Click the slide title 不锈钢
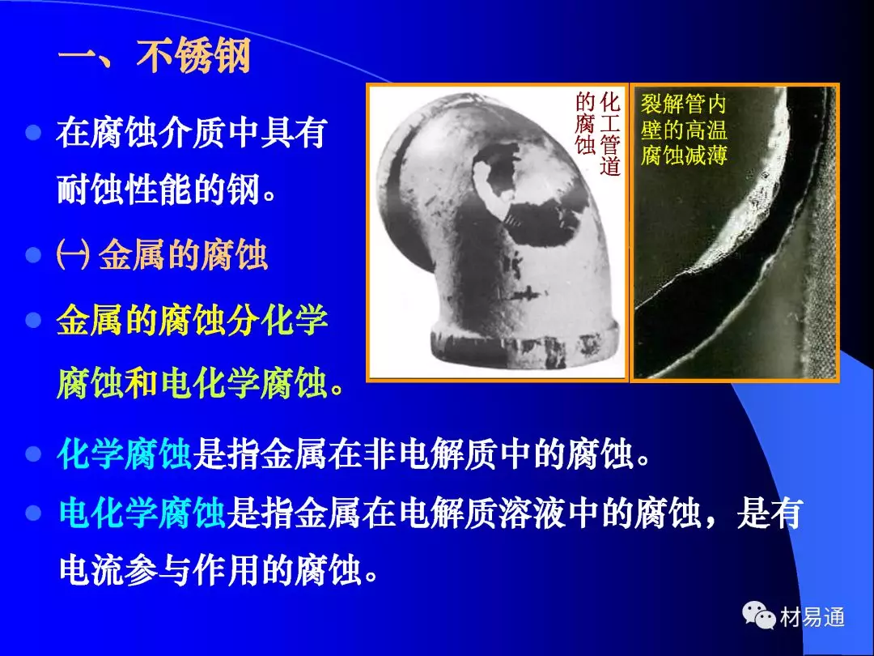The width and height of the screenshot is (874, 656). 193,56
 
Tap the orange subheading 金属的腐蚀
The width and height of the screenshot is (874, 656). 184,255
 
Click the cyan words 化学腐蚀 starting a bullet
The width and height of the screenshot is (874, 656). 125,454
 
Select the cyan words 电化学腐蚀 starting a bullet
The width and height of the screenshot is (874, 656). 142,513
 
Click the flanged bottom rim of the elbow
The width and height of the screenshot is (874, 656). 524,345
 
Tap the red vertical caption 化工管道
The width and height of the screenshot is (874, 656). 610,134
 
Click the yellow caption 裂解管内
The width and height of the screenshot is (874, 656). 683,104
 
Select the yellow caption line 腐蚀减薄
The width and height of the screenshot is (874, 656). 684,155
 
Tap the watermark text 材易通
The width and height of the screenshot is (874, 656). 812,616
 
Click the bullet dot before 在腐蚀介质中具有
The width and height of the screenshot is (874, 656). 33,133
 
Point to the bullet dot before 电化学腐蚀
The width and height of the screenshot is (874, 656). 33,513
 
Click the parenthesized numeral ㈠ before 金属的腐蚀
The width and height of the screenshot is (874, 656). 73,256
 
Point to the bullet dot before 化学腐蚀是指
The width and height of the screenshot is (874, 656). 33,454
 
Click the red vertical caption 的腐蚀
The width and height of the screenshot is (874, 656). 586,124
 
